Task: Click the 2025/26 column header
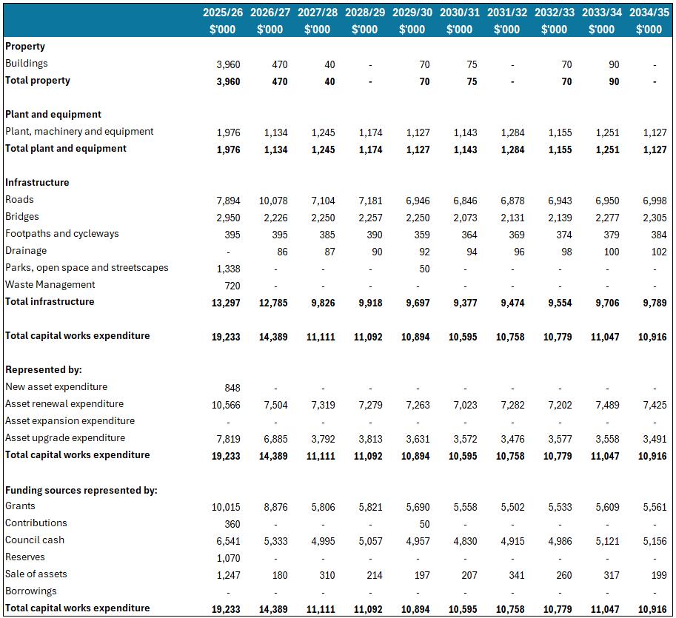(224, 13)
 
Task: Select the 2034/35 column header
(649, 13)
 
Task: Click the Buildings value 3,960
(228, 64)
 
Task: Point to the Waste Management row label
(50, 285)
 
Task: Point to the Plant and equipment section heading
(53, 115)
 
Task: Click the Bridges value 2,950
(228, 218)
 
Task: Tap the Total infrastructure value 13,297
(226, 303)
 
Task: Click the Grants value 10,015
(226, 507)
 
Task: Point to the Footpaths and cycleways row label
(62, 234)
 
